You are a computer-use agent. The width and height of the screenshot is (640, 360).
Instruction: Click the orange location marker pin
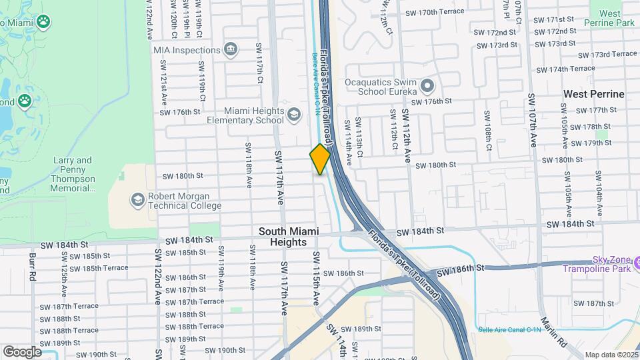click(320, 159)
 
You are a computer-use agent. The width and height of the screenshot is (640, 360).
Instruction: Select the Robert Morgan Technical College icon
click(137, 201)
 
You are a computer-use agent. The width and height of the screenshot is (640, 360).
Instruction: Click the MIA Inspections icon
click(231, 49)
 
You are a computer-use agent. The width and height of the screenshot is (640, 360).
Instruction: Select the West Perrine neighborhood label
click(594, 94)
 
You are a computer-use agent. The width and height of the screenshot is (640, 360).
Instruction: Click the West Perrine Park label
click(609, 17)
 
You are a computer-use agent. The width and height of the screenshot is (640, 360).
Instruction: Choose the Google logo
click(22, 351)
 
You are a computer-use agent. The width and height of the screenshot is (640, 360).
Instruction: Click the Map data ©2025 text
click(611, 355)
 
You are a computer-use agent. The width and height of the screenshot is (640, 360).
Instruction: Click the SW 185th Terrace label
click(99, 268)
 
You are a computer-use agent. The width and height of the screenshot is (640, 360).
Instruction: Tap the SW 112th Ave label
click(406, 136)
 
